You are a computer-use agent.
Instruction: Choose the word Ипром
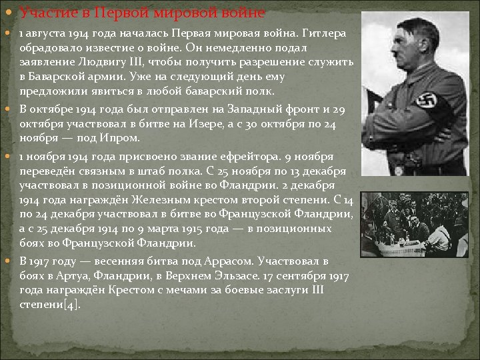pos(121,138)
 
